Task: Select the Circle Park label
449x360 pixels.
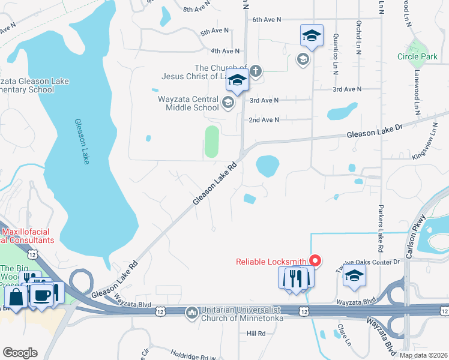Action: [x=417, y=57]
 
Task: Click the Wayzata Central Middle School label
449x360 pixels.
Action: [x=188, y=103]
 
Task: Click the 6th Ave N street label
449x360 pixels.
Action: [x=267, y=20]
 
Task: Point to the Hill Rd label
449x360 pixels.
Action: [x=256, y=333]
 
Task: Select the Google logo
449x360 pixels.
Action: [x=20, y=353]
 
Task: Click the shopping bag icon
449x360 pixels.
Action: [x=16, y=296]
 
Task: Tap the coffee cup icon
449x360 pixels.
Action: [x=41, y=295]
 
